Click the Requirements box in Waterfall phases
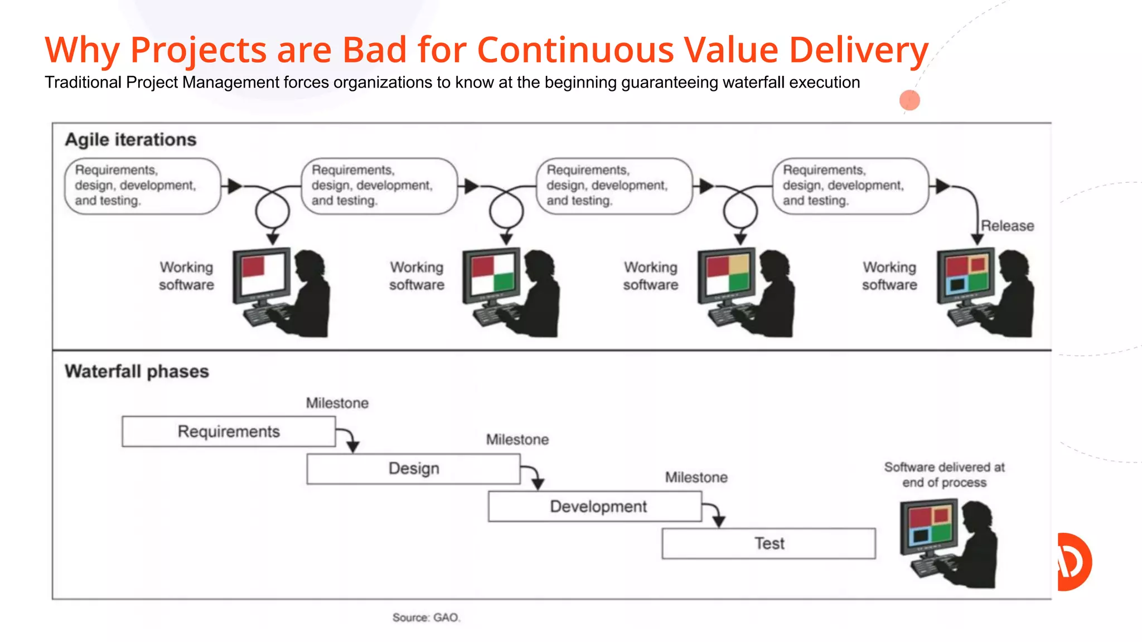click(x=229, y=431)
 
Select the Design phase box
click(x=413, y=469)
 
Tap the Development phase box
click(x=594, y=506)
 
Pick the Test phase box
click(x=768, y=543)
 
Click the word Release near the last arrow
click(x=1007, y=226)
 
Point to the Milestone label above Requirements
click(x=337, y=403)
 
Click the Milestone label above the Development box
click(x=696, y=478)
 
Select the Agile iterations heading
click(x=130, y=139)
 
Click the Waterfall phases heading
click(x=137, y=371)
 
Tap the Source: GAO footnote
click(x=426, y=617)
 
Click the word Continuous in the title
click(x=575, y=50)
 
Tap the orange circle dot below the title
click(x=909, y=100)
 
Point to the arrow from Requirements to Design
click(x=349, y=439)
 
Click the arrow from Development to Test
click(x=715, y=513)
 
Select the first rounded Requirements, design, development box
click(x=143, y=186)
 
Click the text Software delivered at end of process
click(x=944, y=475)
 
